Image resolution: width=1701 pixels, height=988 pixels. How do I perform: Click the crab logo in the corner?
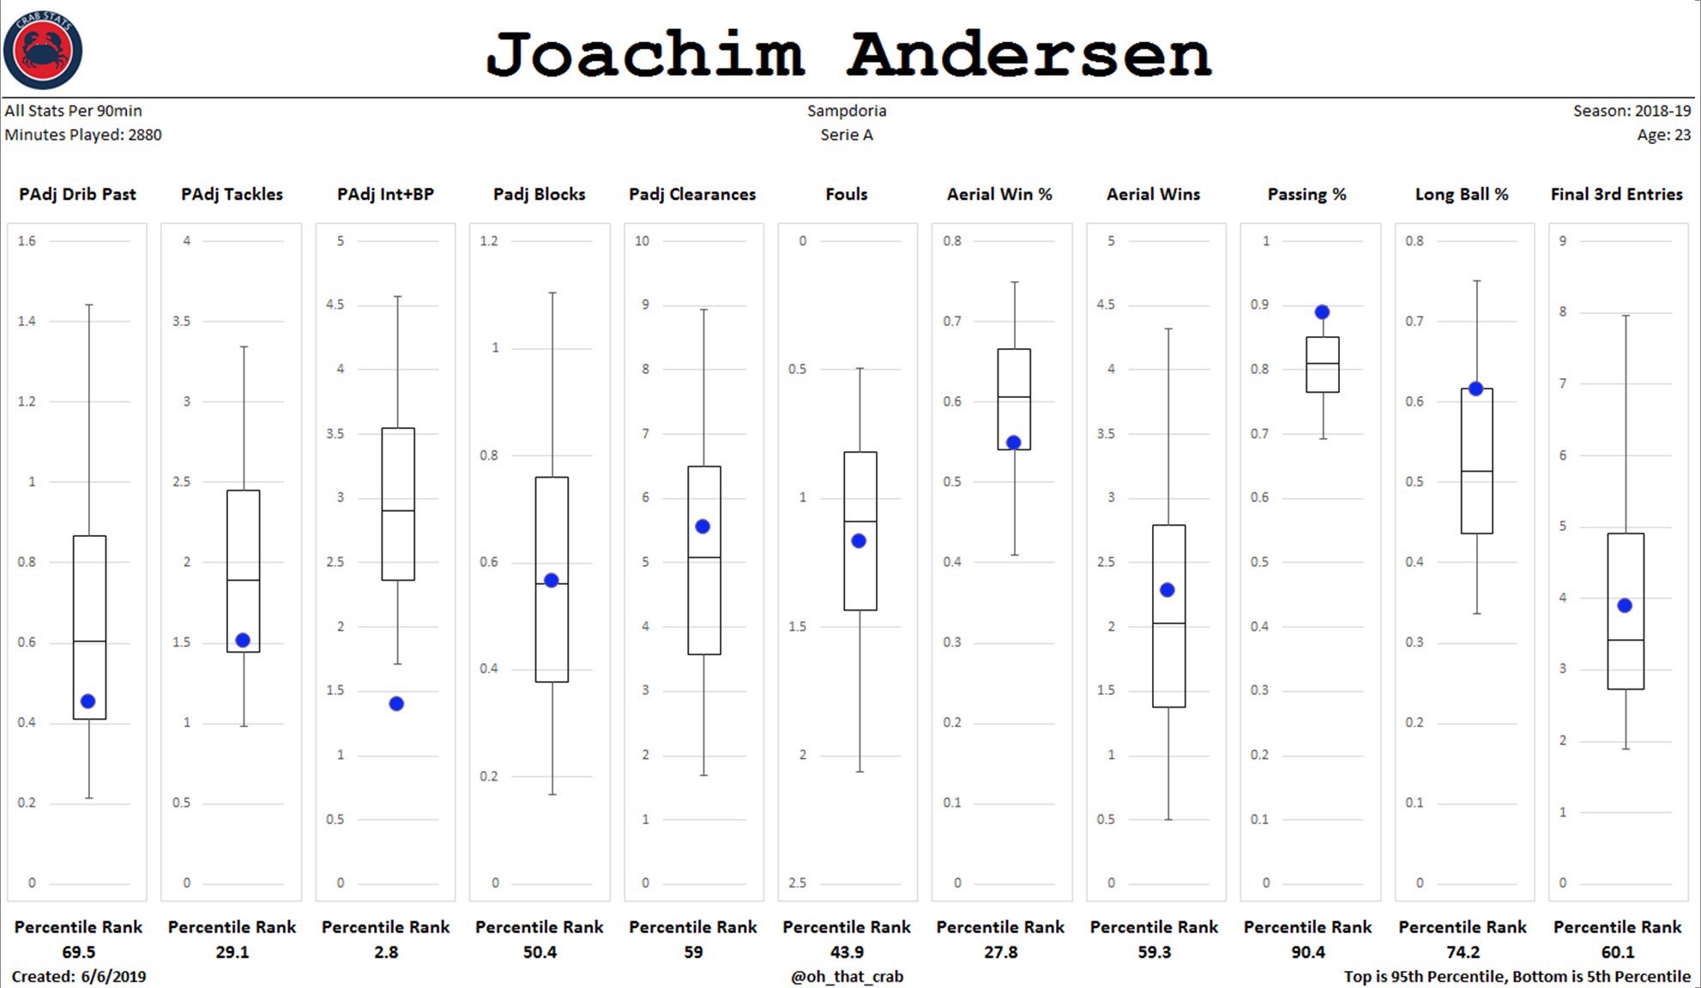point(43,50)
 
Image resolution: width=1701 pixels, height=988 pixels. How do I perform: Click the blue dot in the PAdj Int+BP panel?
point(396,703)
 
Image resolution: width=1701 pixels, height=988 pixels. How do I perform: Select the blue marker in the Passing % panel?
point(1322,312)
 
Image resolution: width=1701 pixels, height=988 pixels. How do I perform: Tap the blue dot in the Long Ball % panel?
point(1475,389)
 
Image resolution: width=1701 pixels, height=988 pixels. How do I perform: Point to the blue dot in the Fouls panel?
point(859,540)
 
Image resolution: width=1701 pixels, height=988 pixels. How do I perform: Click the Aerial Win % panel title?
point(999,195)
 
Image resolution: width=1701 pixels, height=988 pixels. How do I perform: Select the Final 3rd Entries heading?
point(1616,195)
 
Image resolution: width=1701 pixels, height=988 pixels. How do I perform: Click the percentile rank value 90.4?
point(1307,952)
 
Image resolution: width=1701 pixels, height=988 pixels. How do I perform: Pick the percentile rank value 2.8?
point(385,952)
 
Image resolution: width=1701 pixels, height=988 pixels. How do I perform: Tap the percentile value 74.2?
point(1463,952)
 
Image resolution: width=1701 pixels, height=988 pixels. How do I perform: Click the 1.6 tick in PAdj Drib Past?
point(27,241)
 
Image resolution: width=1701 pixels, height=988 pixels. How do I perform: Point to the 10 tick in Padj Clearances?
point(642,241)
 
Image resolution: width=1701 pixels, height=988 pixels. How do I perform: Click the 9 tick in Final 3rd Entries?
point(1562,241)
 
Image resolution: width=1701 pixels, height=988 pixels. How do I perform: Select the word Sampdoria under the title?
point(847,111)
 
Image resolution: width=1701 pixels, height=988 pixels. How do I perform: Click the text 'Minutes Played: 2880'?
point(83,135)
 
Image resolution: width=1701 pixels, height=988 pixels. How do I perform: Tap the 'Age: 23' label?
point(1663,135)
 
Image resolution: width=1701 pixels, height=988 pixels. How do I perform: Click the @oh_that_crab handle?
point(847,977)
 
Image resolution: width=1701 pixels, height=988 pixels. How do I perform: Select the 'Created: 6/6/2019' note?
point(79,977)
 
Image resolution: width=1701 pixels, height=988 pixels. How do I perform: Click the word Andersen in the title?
point(1028,54)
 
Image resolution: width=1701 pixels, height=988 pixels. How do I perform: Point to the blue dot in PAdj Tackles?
point(243,640)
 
